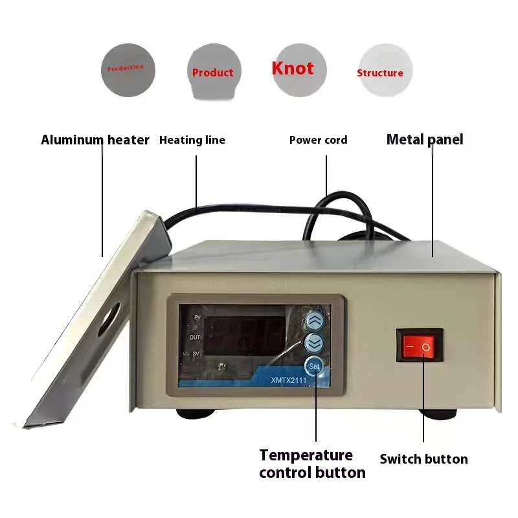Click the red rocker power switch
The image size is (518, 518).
[x=419, y=346]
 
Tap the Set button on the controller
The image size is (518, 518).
[x=314, y=366]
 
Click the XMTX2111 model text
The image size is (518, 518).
[x=288, y=380]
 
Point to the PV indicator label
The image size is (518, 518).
[x=197, y=317]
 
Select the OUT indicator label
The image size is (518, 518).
[x=195, y=337]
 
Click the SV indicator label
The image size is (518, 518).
[x=196, y=354]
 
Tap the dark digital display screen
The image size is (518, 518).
[x=245, y=335]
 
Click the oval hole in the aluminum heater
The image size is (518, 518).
[x=109, y=319]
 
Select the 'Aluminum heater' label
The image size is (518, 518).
[x=95, y=140]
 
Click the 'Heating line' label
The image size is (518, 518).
[x=192, y=140]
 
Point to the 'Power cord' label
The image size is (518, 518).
[x=318, y=140]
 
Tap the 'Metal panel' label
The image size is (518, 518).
[x=425, y=139]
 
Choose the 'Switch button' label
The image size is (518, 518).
[x=424, y=459]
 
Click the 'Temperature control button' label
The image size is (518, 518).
[x=312, y=464]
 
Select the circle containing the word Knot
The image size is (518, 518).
[x=299, y=70]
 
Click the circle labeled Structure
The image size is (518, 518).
[x=385, y=70]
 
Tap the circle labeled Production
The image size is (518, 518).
[x=128, y=70]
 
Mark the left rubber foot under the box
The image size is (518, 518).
[x=196, y=414]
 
